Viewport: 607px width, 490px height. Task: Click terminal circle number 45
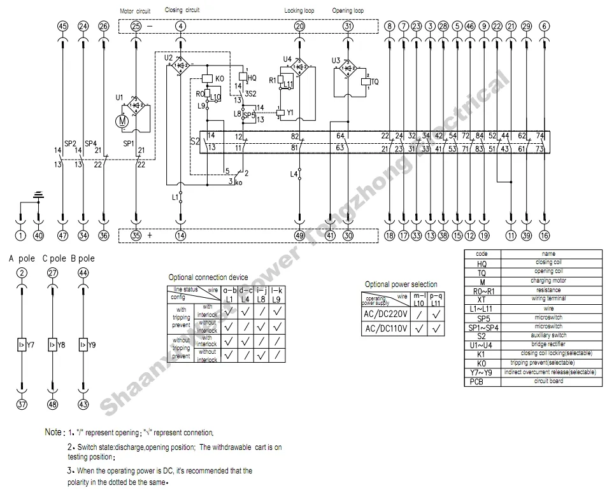tap(62, 26)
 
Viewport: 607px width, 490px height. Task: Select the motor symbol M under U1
tap(124, 120)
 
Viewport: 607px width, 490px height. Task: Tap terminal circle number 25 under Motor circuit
tap(136, 26)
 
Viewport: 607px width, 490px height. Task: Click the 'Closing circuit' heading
tap(182, 10)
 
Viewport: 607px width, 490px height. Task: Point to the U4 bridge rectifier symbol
tap(296, 67)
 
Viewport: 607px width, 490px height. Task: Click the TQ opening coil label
tap(375, 82)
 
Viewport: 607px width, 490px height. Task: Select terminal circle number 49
tap(299, 235)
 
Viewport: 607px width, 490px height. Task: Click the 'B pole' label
tap(82, 258)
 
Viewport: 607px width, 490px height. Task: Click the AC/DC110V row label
tap(385, 329)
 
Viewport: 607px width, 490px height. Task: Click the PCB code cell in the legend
tap(482, 382)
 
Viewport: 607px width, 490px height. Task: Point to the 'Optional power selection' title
tap(401, 284)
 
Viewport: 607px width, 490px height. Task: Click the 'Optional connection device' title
tap(208, 277)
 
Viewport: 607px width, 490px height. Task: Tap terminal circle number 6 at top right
tap(544, 26)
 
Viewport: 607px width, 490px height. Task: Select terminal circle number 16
tap(544, 235)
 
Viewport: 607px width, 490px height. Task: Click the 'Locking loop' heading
tap(299, 11)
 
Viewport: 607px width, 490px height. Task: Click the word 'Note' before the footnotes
tap(54, 432)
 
